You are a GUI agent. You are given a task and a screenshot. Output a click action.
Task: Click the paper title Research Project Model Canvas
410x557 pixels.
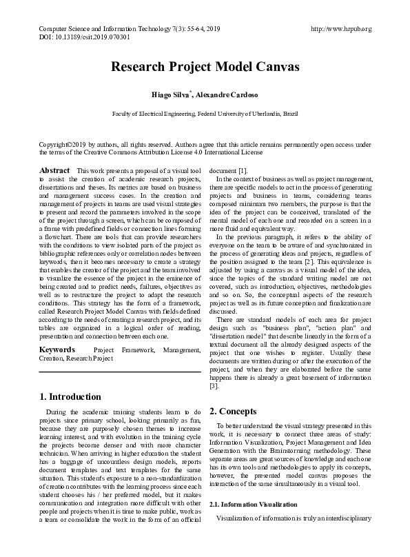tap(205, 68)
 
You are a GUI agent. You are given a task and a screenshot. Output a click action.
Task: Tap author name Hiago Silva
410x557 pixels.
tap(169, 94)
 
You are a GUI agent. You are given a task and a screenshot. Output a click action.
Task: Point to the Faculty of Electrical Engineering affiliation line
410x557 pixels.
tap(205, 112)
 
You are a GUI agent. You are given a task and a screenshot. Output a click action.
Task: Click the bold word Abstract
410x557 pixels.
tap(54, 170)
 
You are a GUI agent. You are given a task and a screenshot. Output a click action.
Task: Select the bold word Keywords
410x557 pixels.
tap(57, 350)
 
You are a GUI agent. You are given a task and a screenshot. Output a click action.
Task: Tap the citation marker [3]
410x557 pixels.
tap(214, 385)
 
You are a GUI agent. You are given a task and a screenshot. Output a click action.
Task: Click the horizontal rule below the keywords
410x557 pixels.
tap(120, 372)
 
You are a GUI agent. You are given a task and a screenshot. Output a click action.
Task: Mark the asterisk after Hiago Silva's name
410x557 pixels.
tap(189, 90)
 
